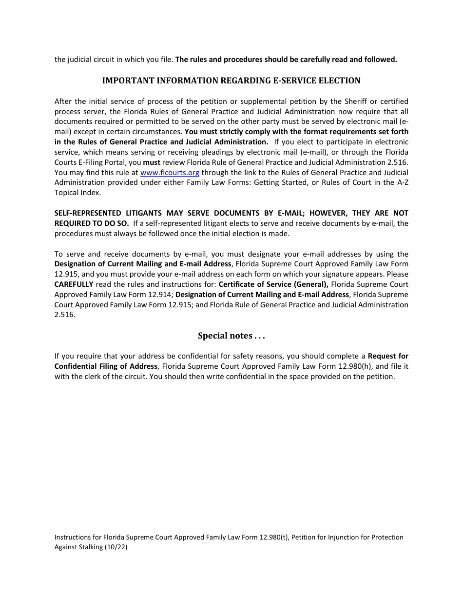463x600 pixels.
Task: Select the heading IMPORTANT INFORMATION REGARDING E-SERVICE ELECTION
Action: pyautogui.click(x=231, y=80)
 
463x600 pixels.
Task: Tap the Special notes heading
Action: pyautogui.click(x=231, y=336)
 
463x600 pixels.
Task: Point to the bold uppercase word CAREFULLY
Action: pyautogui.click(x=74, y=284)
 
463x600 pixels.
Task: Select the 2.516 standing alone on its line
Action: pyautogui.click(x=64, y=315)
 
